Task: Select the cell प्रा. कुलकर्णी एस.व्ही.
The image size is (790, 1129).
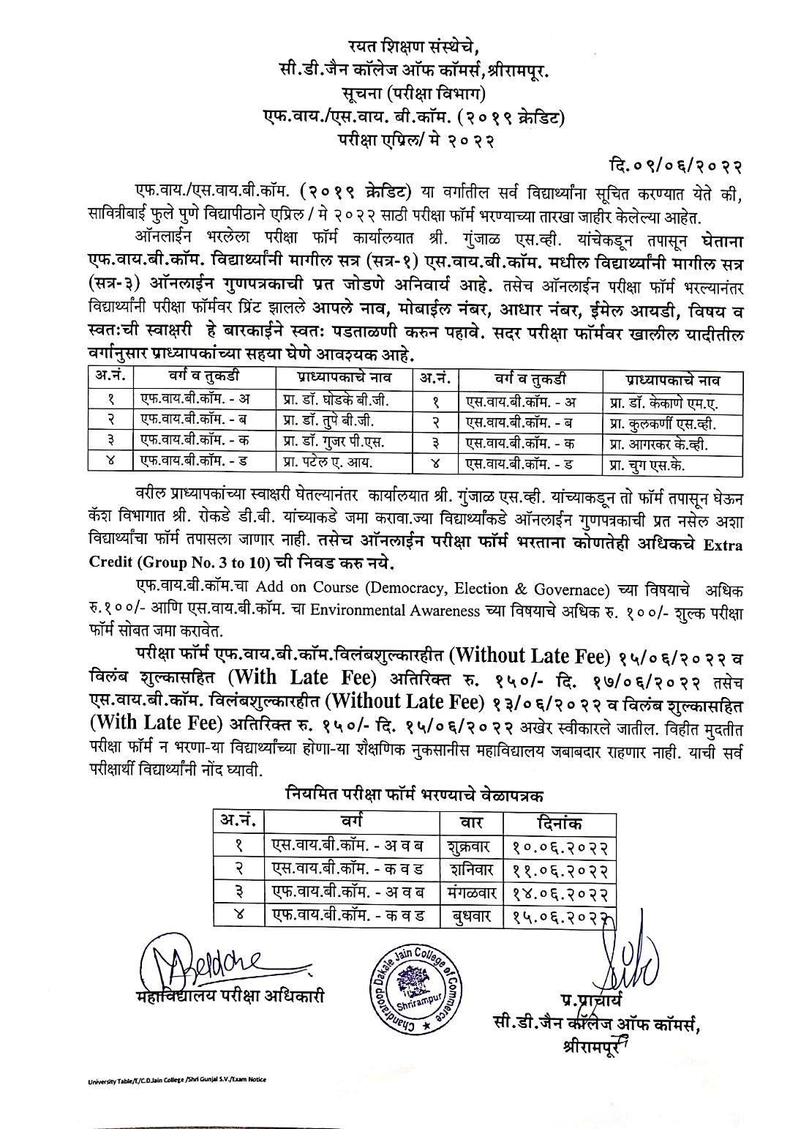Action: tap(663, 422)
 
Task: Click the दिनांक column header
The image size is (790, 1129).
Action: tap(560, 823)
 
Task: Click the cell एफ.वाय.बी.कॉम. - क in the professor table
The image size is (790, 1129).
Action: tap(195, 442)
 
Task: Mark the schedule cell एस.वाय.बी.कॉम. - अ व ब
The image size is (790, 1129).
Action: tap(353, 848)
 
